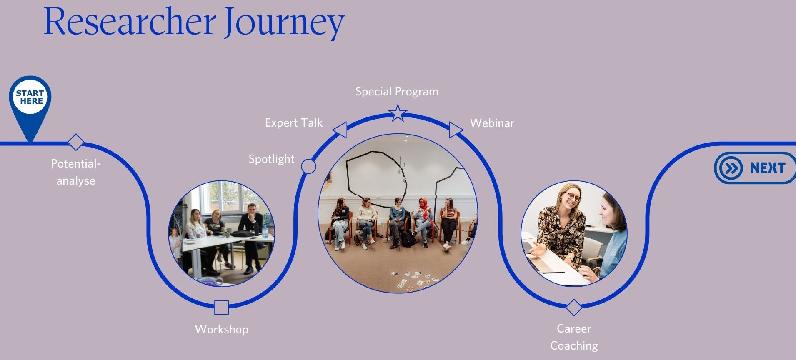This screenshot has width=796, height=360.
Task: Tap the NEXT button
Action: (755, 168)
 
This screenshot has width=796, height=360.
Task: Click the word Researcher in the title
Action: (130, 22)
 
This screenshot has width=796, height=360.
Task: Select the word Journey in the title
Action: (285, 24)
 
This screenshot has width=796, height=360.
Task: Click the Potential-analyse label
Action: (76, 172)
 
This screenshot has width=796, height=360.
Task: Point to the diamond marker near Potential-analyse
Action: (76, 142)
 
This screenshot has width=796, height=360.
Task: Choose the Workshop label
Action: (222, 329)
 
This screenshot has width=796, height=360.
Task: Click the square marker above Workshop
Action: (222, 307)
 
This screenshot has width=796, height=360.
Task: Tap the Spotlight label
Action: (271, 159)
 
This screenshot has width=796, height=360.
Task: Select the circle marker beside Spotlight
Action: (308, 166)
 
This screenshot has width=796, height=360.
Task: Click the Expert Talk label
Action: (294, 123)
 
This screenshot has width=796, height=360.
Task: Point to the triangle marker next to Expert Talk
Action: (341, 130)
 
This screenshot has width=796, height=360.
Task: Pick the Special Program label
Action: (397, 92)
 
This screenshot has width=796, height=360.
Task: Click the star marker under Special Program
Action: (398, 113)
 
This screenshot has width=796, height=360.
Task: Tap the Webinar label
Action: (492, 123)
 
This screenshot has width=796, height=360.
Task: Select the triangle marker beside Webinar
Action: (455, 130)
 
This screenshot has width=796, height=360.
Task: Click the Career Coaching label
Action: (574, 337)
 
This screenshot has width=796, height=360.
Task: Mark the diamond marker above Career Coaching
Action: (574, 307)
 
